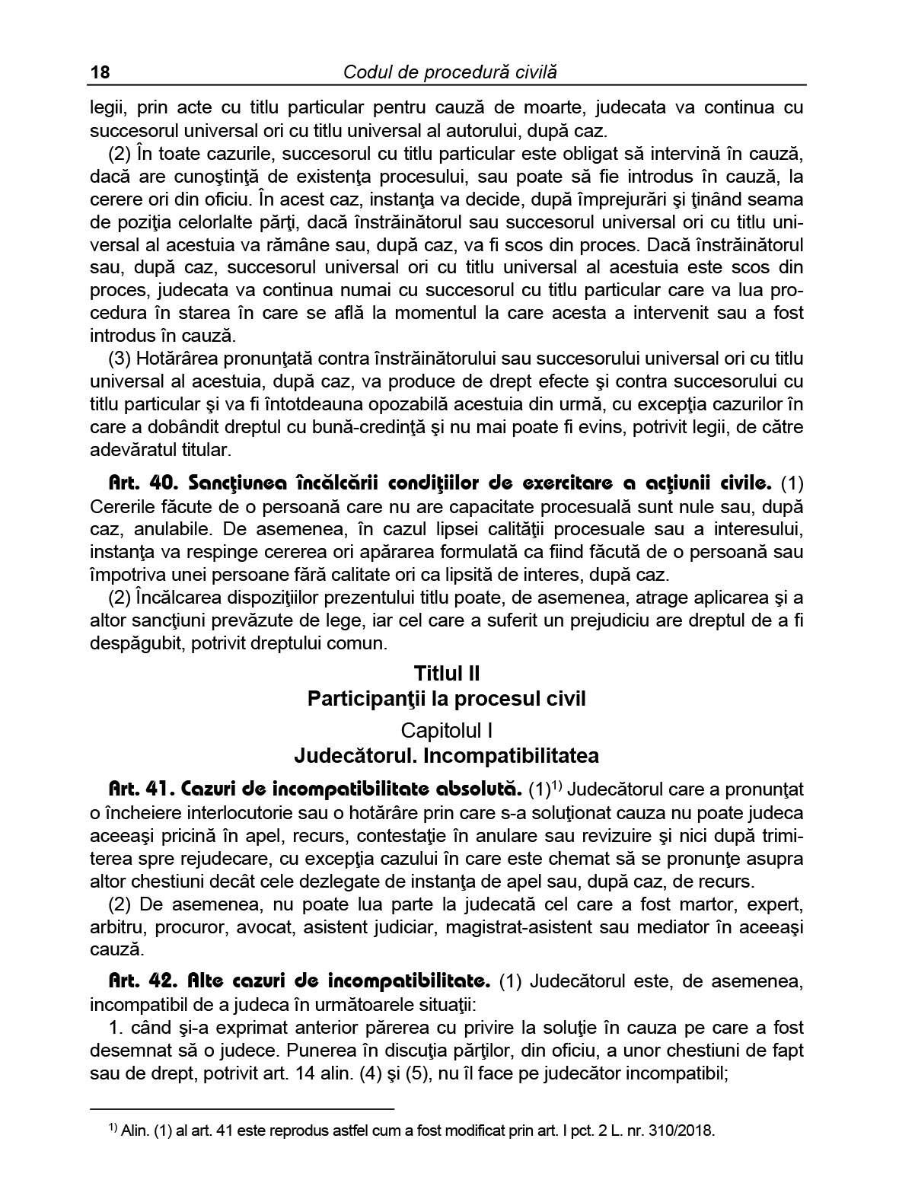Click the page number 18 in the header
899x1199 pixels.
click(x=100, y=72)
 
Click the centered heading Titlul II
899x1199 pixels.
click(x=447, y=673)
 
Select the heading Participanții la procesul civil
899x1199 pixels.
click(x=447, y=699)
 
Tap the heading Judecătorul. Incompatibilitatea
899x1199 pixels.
click(x=447, y=756)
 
